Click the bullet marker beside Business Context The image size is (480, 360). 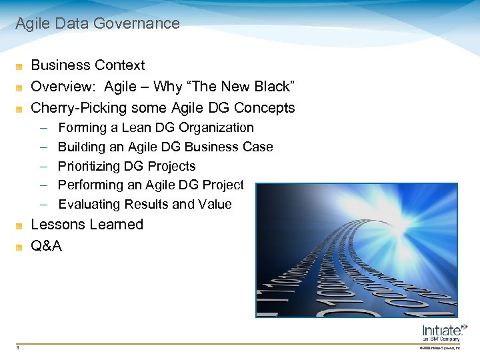[x=20, y=66]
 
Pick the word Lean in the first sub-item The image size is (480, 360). [x=137, y=127]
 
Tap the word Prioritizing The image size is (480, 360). [x=89, y=166]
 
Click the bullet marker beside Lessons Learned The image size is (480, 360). [x=20, y=225]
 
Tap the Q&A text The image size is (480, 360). [x=47, y=246]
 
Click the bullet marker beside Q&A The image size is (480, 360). [x=20, y=247]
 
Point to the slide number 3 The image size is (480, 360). [x=18, y=347]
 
